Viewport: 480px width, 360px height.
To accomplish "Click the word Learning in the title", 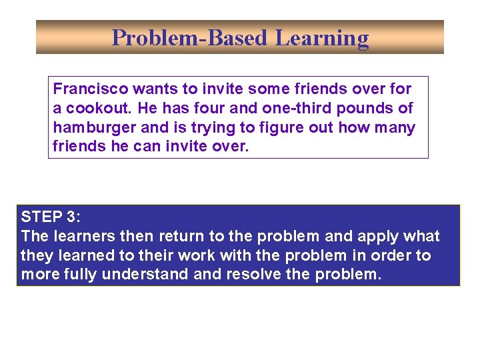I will point(322,38).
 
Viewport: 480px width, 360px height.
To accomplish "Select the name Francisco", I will point(89,89).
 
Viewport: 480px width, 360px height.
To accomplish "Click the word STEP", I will point(40,217).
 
